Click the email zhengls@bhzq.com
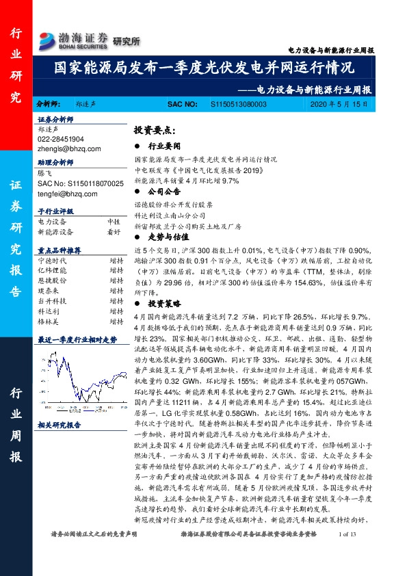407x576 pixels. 69,148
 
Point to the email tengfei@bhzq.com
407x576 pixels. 68,193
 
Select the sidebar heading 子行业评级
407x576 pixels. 55,211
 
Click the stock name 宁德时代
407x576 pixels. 52,261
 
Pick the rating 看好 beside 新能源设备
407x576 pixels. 114,231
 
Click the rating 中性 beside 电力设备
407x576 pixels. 114,222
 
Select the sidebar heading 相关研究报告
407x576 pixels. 60,424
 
